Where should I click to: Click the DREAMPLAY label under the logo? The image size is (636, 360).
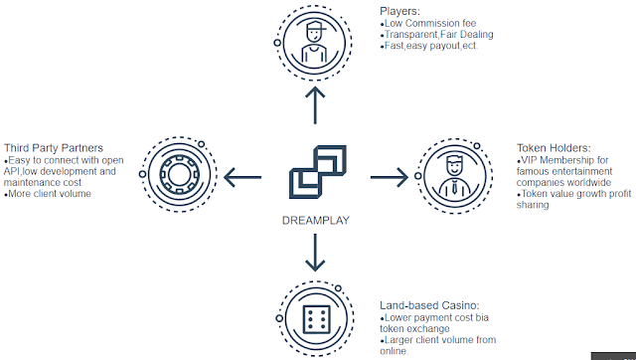[316, 221]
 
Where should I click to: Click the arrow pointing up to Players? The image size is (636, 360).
[315, 105]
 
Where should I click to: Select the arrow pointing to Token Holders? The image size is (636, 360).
[389, 177]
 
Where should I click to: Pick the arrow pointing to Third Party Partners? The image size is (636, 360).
[242, 177]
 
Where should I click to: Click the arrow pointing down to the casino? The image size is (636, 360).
[315, 253]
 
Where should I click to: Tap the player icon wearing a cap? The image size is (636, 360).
[315, 42]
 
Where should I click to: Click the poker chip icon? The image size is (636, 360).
[179, 174]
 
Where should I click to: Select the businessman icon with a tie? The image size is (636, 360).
[454, 176]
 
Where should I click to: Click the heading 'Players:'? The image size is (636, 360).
[399, 11]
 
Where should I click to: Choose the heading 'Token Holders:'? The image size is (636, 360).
[554, 148]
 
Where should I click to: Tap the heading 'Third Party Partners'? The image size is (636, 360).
[54, 148]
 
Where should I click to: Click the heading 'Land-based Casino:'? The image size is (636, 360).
[429, 305]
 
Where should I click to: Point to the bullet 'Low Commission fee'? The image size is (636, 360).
[428, 23]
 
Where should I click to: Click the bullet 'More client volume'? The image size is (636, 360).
[48, 194]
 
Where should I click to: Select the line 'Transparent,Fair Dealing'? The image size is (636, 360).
[437, 35]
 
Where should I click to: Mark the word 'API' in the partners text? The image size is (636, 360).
[11, 171]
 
